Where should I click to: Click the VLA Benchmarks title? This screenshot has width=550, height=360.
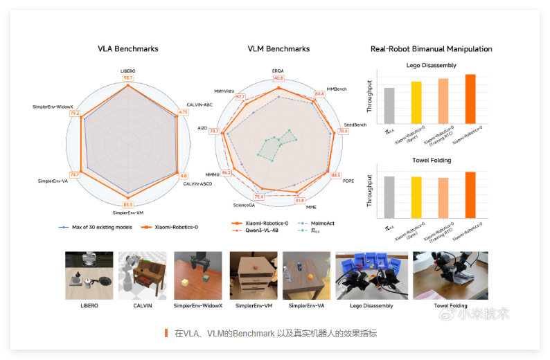127,49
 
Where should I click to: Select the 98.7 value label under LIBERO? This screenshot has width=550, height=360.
127,78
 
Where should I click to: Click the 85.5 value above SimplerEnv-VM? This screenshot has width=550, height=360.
128,204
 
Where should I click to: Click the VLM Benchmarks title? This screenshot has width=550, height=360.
278,49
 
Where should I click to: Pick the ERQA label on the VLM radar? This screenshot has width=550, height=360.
278,71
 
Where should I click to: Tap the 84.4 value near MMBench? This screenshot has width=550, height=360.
319,93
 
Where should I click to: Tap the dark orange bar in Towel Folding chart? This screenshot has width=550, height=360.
470,195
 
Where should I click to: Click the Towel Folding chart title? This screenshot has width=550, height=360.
431,161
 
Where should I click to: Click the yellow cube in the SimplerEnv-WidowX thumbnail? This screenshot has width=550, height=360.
186,282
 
